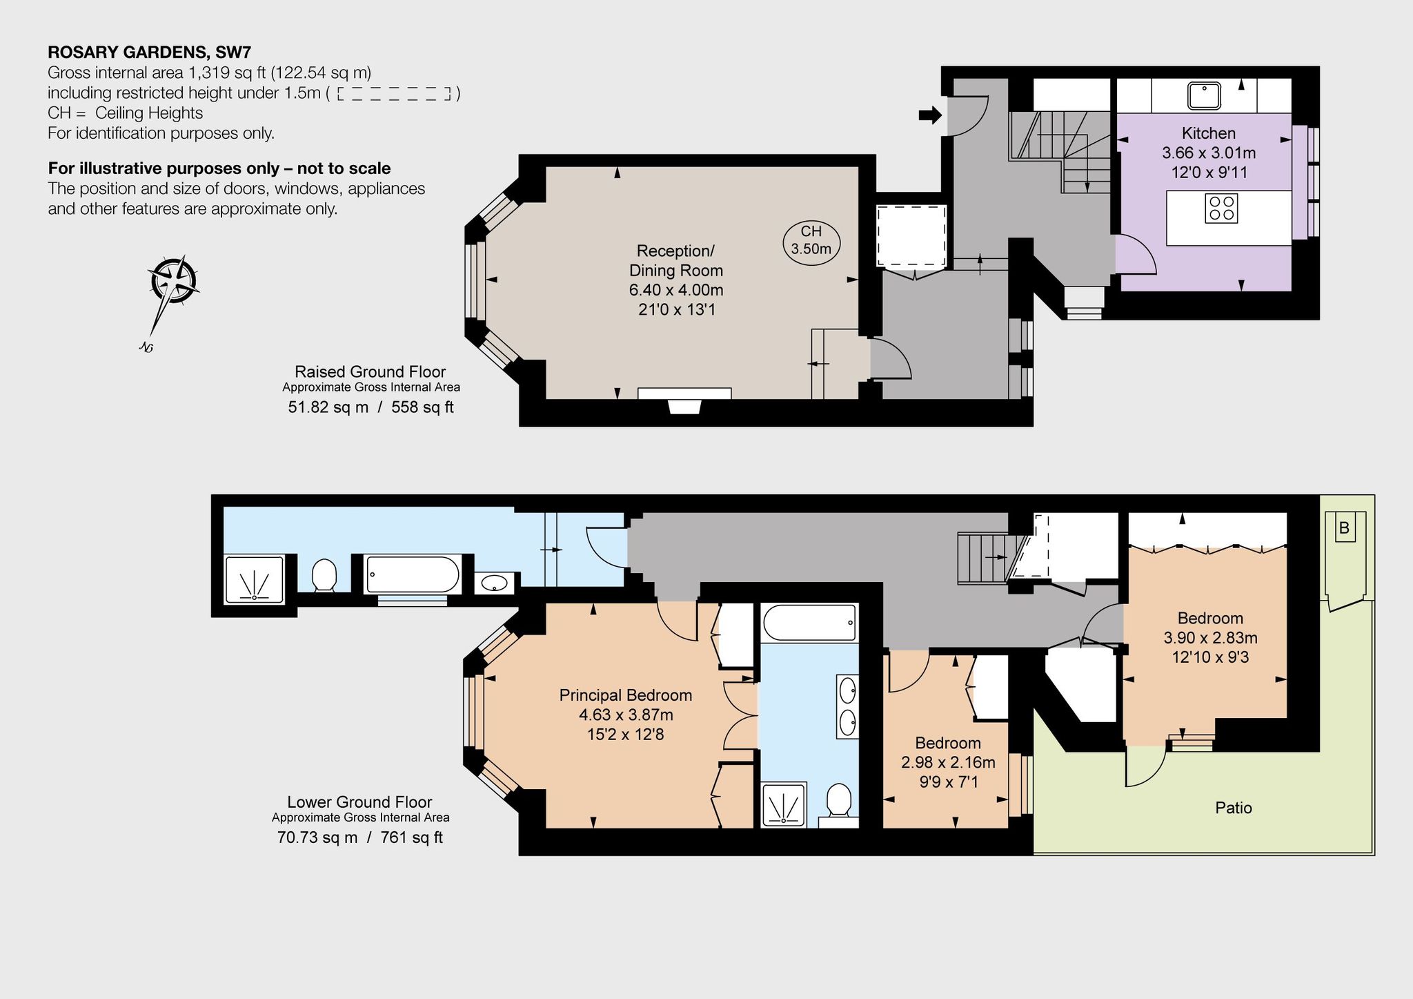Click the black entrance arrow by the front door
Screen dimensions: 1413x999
[930, 115]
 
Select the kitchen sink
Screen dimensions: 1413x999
[1204, 95]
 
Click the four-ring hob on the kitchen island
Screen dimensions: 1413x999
[1221, 208]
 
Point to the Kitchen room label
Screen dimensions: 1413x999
[1209, 133]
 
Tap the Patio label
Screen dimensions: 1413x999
[1234, 808]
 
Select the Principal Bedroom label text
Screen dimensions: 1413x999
[626, 695]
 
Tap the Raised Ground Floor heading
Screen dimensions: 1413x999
[370, 371]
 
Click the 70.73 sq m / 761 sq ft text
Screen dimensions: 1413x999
[360, 837]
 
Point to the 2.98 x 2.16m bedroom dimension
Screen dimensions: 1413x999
[948, 762]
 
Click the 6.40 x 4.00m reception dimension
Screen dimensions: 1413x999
[676, 290]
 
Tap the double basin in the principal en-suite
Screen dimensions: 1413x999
[848, 706]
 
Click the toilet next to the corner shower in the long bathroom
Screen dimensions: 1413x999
[324, 576]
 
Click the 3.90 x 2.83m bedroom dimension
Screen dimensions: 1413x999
[1210, 638]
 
